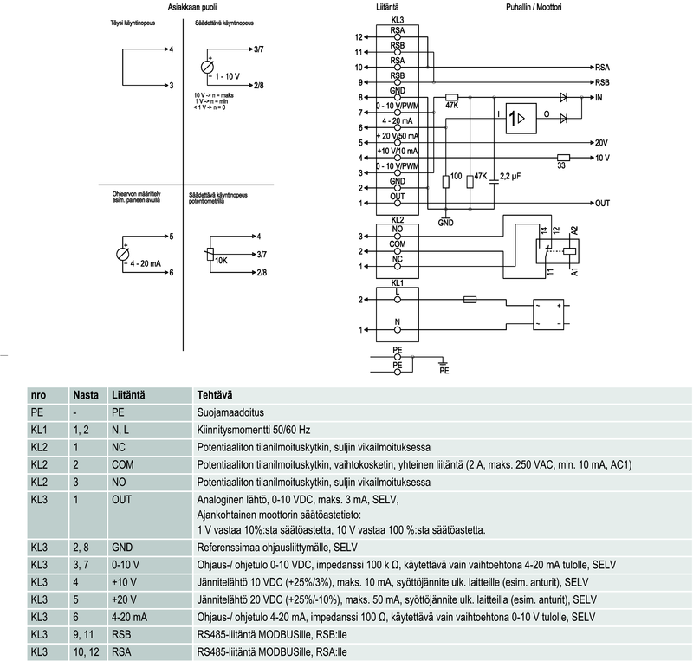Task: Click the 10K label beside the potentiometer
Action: (x=221, y=260)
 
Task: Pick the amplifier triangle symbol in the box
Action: (x=521, y=119)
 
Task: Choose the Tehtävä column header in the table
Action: (x=216, y=393)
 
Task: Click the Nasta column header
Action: (x=85, y=393)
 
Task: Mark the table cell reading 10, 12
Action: (x=86, y=651)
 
